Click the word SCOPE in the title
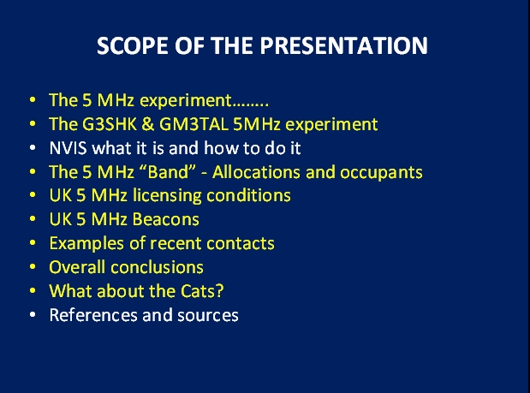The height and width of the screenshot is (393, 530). (133, 45)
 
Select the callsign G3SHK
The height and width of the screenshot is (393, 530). (110, 124)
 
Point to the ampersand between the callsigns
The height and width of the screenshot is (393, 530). (148, 124)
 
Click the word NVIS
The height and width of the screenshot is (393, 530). (68, 148)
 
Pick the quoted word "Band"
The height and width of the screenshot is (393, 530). (167, 171)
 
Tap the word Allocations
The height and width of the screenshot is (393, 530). (256, 171)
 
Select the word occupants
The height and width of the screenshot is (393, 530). (381, 173)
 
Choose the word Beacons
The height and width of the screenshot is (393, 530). (165, 219)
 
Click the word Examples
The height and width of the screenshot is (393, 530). (86, 244)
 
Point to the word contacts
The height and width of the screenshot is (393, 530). (241, 244)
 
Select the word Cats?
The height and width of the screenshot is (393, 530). (202, 291)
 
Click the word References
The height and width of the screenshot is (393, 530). (93, 315)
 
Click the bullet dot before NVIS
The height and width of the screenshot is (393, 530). (33, 147)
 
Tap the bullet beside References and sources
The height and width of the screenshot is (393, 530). (33, 314)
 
